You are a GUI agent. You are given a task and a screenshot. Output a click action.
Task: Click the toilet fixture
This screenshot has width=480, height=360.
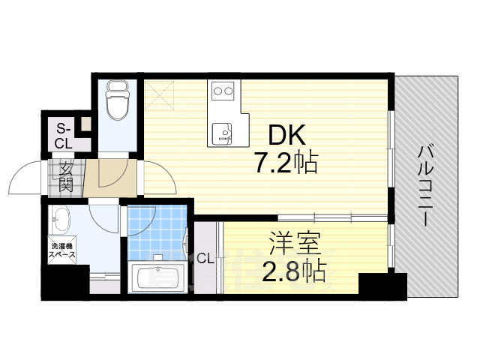[117, 102]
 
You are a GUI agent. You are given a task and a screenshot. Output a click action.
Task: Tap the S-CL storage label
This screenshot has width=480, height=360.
[62, 135]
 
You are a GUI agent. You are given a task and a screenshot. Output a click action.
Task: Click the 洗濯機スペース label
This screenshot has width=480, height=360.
[63, 250]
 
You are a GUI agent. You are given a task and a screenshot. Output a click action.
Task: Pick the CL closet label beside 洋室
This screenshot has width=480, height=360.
[205, 259]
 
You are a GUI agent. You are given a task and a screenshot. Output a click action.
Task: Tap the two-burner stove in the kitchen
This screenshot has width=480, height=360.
[223, 92]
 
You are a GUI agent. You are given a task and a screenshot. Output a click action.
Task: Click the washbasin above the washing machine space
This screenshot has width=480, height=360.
[61, 222]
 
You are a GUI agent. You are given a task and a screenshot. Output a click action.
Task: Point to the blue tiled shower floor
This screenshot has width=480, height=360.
[155, 232]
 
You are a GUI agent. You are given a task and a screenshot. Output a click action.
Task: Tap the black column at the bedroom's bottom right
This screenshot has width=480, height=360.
[382, 286]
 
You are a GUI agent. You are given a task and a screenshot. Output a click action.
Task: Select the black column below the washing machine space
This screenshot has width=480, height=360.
[65, 285]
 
